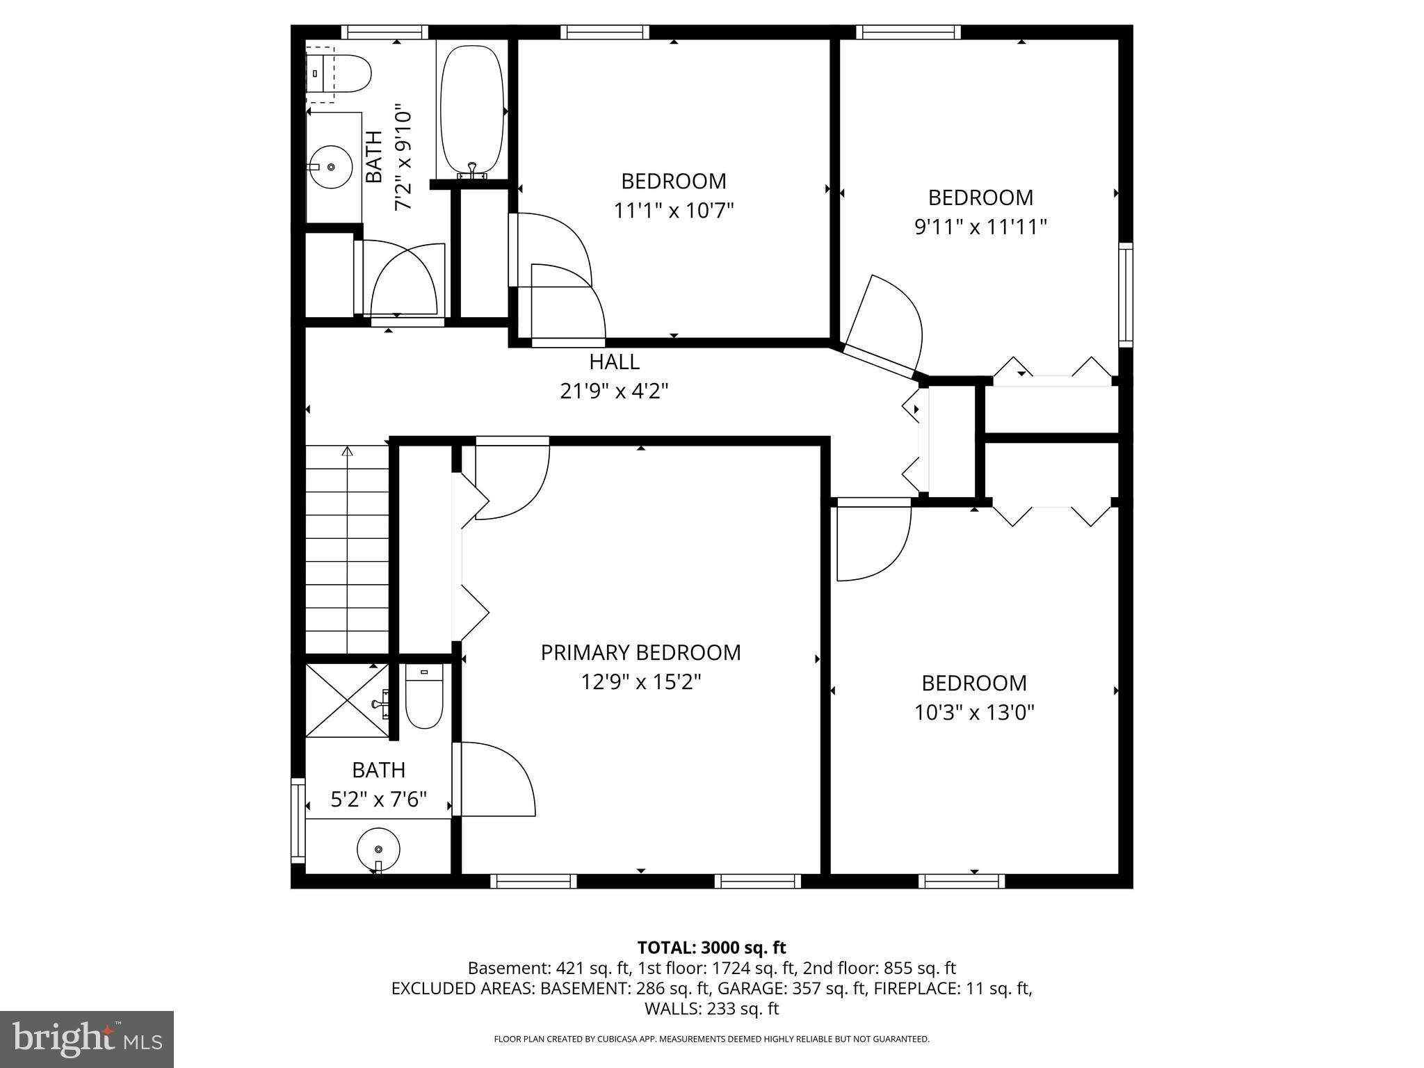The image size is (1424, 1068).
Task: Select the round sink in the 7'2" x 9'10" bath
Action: pyautogui.click(x=330, y=167)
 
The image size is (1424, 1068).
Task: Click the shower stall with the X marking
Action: pyautogui.click(x=346, y=700)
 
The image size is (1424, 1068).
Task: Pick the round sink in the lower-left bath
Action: pyautogui.click(x=378, y=850)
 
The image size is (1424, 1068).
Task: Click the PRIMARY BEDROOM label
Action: pyautogui.click(x=640, y=652)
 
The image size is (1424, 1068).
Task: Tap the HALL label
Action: pyautogui.click(x=614, y=362)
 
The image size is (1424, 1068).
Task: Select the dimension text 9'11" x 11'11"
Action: pyautogui.click(x=980, y=227)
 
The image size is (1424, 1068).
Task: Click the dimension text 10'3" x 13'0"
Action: pyautogui.click(x=974, y=713)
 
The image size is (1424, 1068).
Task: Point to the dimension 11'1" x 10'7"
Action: pyautogui.click(x=674, y=211)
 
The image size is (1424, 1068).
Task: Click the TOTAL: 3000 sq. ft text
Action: pyautogui.click(x=711, y=947)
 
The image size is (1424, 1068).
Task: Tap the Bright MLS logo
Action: pyautogui.click(x=87, y=1039)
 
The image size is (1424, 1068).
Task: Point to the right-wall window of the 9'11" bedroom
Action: pyautogui.click(x=1125, y=294)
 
